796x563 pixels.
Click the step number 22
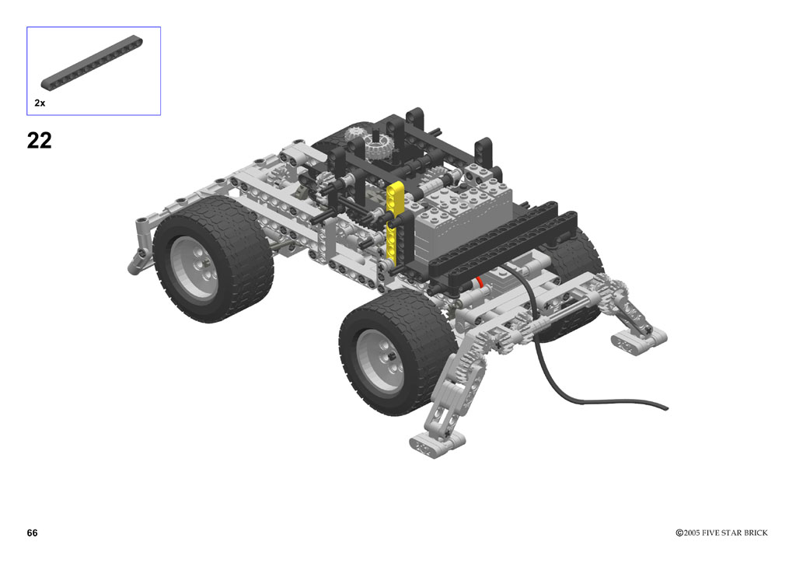(x=39, y=141)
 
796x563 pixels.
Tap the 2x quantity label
(x=40, y=103)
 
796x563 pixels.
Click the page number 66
(x=32, y=533)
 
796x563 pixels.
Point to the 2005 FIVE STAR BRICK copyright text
(x=721, y=533)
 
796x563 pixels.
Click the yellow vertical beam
(x=394, y=219)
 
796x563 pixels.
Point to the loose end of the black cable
(x=665, y=407)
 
